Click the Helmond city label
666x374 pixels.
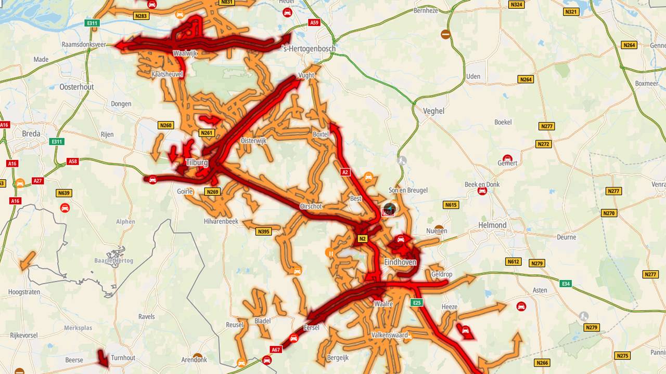pos(492,225)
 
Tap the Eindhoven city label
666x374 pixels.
pos(400,262)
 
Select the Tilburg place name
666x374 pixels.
pos(197,163)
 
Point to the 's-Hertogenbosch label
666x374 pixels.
pos(308,48)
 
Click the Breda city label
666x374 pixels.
pos(31,133)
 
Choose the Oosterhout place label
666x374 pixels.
pos(76,87)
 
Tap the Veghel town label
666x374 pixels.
pos(433,111)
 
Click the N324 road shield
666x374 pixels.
pos(516,5)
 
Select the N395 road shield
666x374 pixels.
pos(263,231)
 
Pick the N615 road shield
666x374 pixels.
pos(451,205)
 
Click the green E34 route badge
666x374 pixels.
pos(566,283)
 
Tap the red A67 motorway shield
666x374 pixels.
pos(276,349)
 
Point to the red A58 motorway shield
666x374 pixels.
pos(73,162)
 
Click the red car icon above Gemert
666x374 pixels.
pos(507,158)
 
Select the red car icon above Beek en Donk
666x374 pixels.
pos(482,191)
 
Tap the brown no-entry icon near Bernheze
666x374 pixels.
pos(445,34)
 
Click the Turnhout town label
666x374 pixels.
pos(123,358)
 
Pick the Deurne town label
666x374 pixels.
pos(566,237)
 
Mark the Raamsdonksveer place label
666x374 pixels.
pos(84,45)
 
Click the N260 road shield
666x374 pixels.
pos(165,125)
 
